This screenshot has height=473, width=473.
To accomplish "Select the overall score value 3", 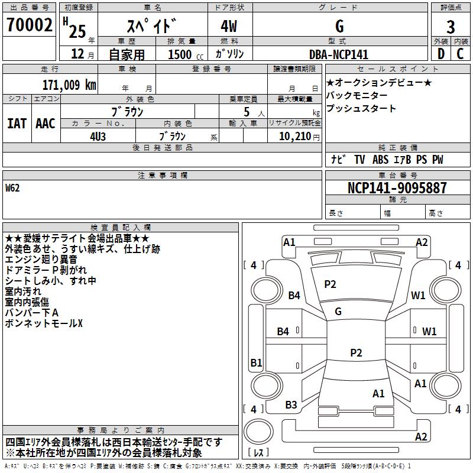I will (451, 27).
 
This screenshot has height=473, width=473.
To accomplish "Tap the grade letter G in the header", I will (339, 27).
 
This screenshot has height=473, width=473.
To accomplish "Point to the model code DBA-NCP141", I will (338, 54).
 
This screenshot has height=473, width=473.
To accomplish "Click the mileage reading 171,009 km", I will (69, 85).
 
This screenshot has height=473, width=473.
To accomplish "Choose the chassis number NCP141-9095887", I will (397, 188).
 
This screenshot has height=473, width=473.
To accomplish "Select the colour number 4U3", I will (98, 135).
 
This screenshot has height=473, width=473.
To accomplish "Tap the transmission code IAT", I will (17, 124).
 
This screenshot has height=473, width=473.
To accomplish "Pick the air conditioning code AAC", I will (45, 124).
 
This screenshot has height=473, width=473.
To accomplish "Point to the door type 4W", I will (229, 27).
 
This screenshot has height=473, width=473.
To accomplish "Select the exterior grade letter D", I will (440, 54).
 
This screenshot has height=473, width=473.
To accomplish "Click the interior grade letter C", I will (460, 54).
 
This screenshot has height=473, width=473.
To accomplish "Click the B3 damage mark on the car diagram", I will (291, 405).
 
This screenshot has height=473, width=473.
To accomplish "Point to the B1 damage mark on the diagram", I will (256, 363).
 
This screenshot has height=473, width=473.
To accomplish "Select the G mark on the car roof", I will (338, 312).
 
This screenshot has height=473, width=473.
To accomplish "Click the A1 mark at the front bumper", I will (289, 242).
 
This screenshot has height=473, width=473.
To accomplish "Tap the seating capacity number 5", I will (245, 111).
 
